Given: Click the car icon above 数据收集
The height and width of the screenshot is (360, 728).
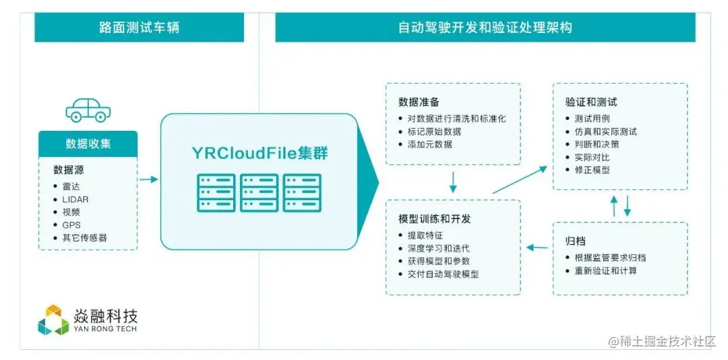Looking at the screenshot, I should (x=88, y=110).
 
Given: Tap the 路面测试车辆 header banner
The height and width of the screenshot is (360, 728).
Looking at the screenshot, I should (x=139, y=28).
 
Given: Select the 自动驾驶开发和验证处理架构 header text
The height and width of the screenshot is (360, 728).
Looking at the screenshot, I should (x=485, y=28).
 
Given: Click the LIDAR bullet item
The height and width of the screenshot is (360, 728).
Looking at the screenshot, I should (x=75, y=199).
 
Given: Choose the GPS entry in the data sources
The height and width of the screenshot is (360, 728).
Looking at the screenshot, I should (x=71, y=224).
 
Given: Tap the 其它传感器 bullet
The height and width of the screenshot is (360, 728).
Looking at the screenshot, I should (x=84, y=237).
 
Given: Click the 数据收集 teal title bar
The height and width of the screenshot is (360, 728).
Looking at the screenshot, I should (x=88, y=144).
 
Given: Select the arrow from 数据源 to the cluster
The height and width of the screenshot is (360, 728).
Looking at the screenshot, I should (x=148, y=179).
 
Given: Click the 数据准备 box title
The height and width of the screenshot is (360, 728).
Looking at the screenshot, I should (x=419, y=102).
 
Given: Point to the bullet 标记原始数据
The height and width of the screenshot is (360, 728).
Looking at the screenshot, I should (x=434, y=131).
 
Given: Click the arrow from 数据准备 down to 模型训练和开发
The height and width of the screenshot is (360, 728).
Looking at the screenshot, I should (x=453, y=181).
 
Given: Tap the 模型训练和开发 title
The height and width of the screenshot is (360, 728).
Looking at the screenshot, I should (x=434, y=219).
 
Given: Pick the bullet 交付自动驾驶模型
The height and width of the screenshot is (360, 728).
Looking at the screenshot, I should (x=443, y=274).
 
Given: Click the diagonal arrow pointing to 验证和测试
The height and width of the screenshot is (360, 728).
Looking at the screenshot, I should (x=520, y=180).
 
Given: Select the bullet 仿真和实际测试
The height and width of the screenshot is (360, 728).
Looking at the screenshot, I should (x=601, y=131).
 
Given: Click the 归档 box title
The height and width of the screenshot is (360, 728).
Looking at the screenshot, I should (x=574, y=241).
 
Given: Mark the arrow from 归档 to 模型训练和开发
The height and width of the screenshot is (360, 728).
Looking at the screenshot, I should (x=537, y=247).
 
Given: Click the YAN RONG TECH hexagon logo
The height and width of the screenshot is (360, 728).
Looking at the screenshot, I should (x=53, y=320).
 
